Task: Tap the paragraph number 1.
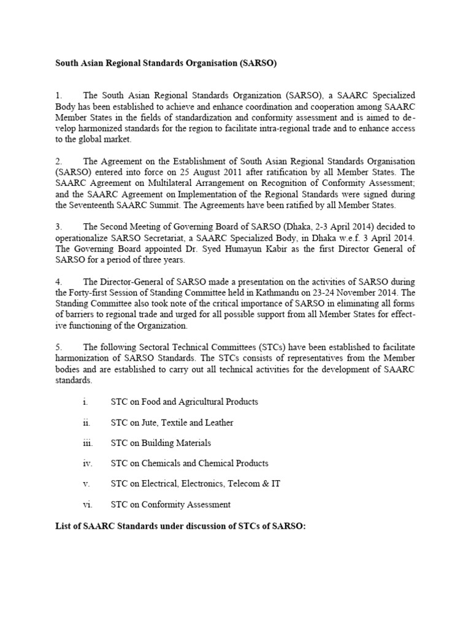pos(59,96)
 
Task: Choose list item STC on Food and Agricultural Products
pos(184,402)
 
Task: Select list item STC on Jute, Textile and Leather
pos(172,423)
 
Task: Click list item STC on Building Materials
pos(160,443)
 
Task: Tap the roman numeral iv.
pos(86,464)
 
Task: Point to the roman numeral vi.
pos(86,505)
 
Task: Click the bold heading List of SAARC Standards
pos(180,526)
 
